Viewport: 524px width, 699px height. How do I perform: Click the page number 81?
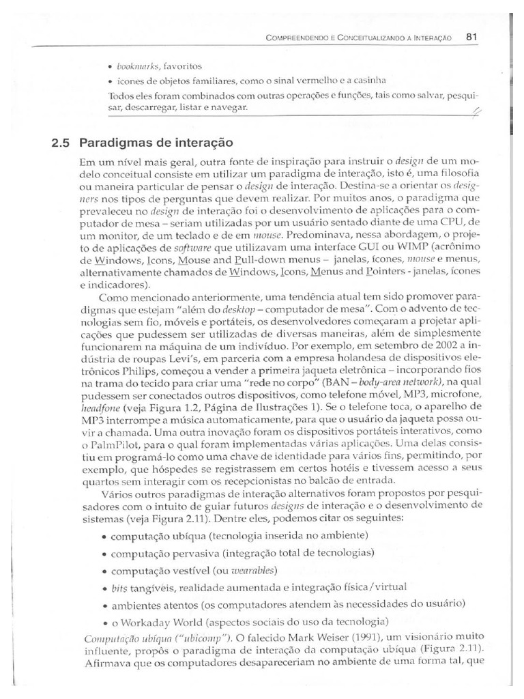tap(470, 38)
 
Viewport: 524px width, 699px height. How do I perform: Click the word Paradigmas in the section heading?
tap(112, 143)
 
